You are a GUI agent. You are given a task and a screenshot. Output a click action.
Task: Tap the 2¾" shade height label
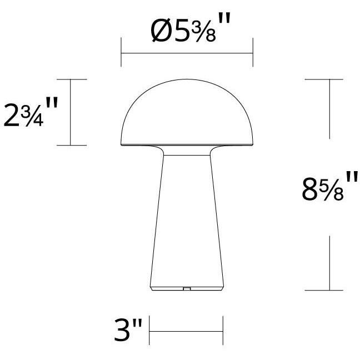[x=31, y=113]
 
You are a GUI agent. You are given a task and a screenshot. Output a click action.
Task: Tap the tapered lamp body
[x=187, y=222]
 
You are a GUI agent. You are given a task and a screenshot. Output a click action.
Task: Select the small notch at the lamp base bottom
[x=187, y=289]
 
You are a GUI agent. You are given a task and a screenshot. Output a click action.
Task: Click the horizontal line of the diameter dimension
[x=187, y=53]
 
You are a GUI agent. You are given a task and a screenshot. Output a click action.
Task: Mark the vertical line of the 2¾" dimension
[x=71, y=113]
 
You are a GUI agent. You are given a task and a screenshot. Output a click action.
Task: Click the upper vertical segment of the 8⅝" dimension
[x=330, y=108]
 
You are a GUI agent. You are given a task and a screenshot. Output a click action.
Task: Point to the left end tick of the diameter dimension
[x=122, y=53]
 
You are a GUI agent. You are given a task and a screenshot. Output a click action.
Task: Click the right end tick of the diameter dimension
[x=253, y=53]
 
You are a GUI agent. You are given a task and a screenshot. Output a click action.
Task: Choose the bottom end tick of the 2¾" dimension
[x=71, y=146]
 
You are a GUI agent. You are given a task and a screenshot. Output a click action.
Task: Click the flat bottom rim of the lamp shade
[x=187, y=146]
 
